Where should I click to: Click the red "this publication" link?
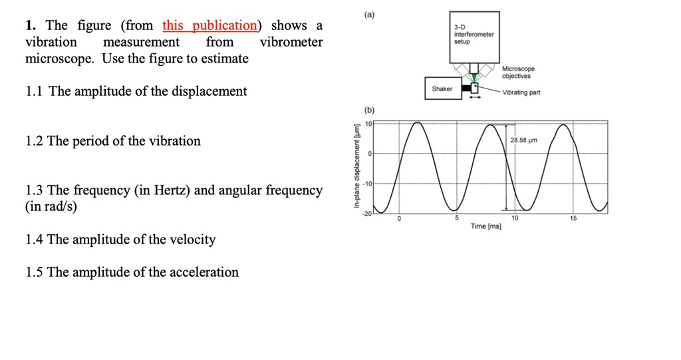tap(209, 26)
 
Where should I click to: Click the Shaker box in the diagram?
tap(443, 89)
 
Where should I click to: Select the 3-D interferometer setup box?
tap(474, 37)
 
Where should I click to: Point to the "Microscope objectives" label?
tap(519, 72)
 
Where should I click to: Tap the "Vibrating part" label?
tap(521, 92)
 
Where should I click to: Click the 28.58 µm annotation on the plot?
tap(524, 140)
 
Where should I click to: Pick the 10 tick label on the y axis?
tap(368, 124)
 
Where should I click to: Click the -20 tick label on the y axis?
tap(367, 214)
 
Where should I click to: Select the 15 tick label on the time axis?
tap(573, 218)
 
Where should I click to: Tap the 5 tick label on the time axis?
tap(456, 218)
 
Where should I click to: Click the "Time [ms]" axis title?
tap(485, 226)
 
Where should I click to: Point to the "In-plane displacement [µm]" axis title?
tap(356, 166)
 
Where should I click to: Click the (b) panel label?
tap(369, 110)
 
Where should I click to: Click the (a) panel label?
tap(369, 15)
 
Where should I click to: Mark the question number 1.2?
tap(35, 141)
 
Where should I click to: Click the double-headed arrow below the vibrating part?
tap(475, 97)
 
